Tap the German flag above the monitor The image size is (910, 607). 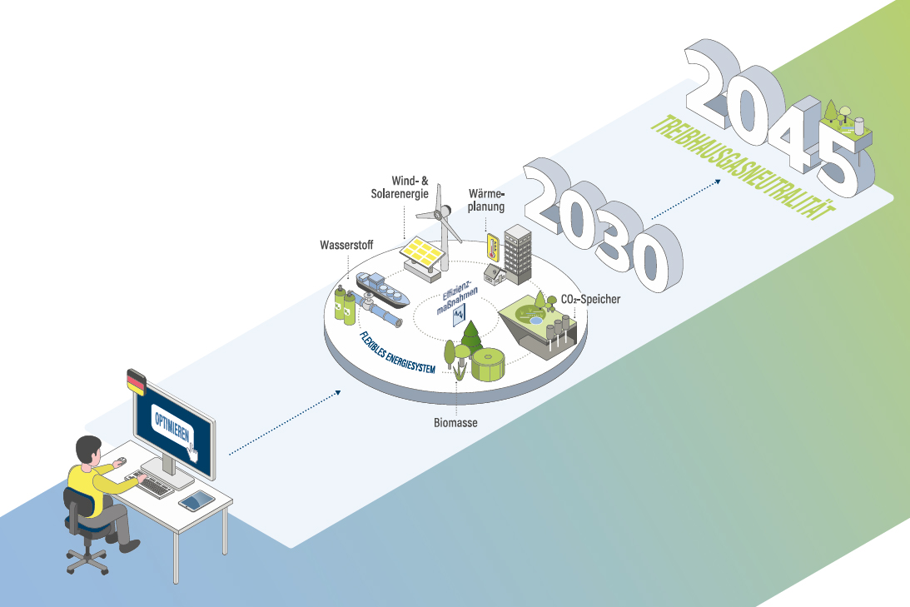(x=134, y=382)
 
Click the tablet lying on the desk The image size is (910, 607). (x=196, y=500)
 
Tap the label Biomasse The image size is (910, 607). (x=455, y=423)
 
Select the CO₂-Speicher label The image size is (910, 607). (x=590, y=298)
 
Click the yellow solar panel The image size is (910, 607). (x=423, y=247)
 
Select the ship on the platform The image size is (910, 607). (x=383, y=287)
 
